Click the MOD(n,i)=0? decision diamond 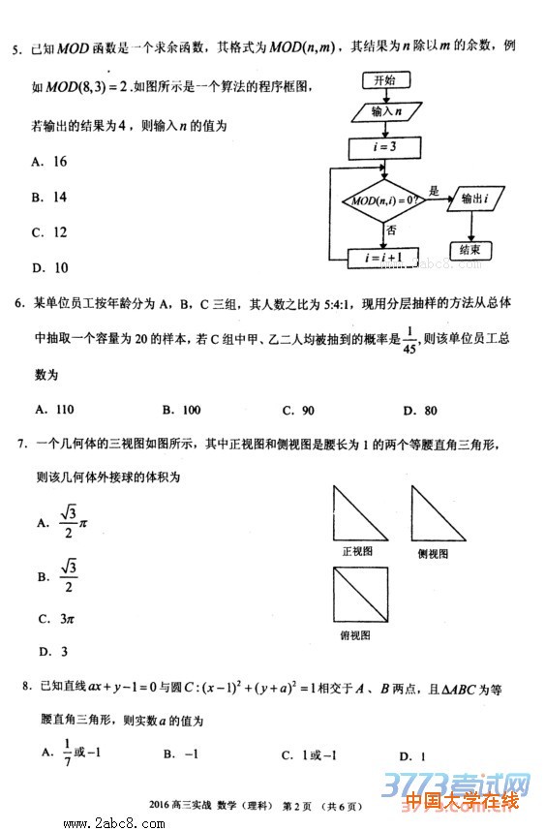[385, 200]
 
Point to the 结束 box [470, 249]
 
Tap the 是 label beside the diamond [434, 191]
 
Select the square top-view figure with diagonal [359, 596]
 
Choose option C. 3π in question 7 [57, 618]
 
